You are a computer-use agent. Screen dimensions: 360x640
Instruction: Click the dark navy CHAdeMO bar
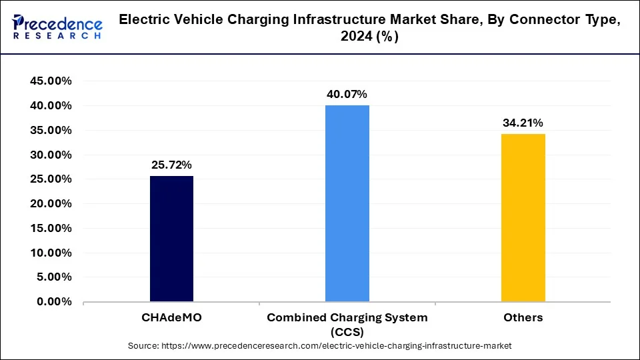171,239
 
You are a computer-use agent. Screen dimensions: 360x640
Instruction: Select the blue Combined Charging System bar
347,203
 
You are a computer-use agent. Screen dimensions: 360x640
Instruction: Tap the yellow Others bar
523,218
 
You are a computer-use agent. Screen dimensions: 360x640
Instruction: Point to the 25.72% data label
171,164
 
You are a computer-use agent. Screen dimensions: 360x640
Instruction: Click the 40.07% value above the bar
347,94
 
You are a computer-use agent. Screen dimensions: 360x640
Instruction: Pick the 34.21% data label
523,123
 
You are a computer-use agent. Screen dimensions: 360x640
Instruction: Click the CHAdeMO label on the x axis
171,317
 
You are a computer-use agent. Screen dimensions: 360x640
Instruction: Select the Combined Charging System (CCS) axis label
347,324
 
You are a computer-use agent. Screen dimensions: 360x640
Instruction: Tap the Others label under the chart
523,317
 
